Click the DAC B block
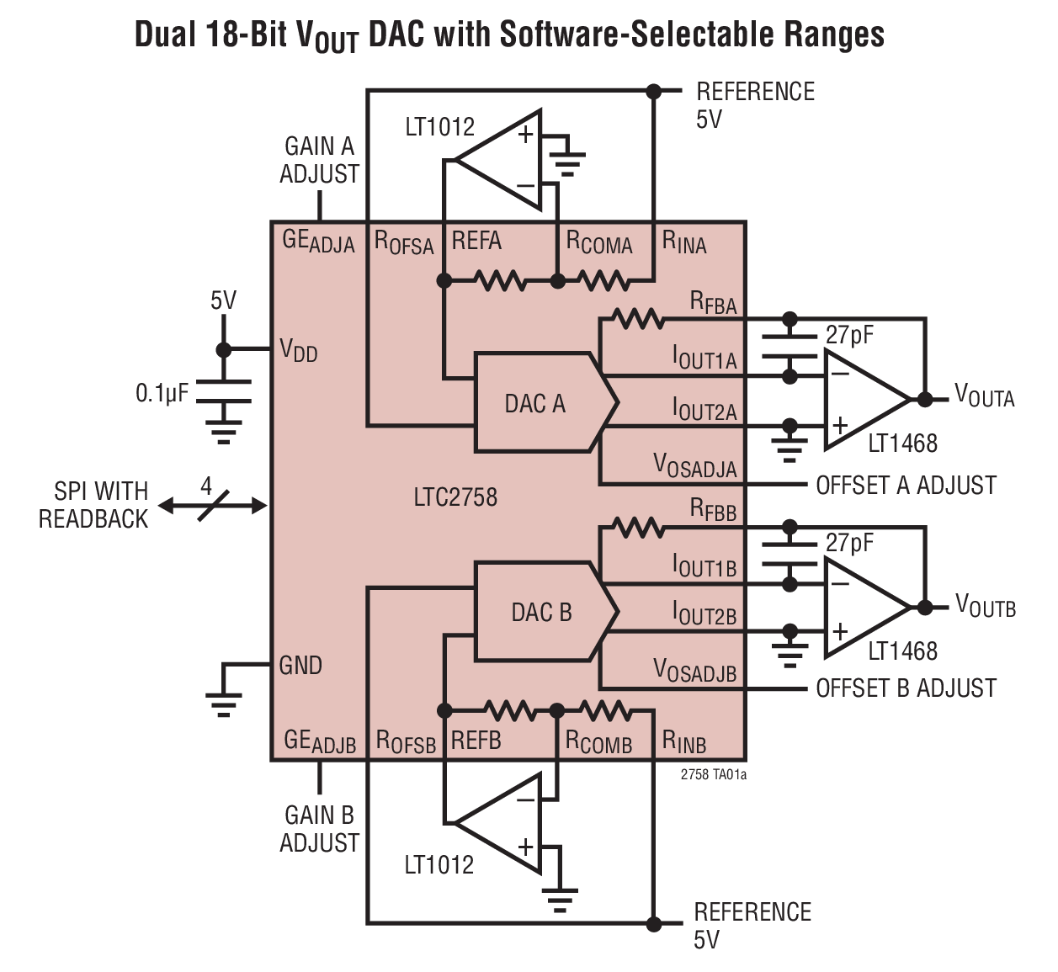tap(540, 612)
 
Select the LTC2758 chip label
tap(455, 497)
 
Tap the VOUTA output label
tap(984, 396)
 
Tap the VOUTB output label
tap(985, 606)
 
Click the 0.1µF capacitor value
tap(162, 393)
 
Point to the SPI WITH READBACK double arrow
tap(212, 506)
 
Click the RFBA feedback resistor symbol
tap(637, 320)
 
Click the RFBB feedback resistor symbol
tap(637, 528)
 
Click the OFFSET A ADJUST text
tap(906, 486)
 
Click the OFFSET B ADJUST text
tap(906, 688)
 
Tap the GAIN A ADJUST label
tap(319, 160)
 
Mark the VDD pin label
tap(298, 349)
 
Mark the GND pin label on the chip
tap(300, 666)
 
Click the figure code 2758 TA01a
tap(713, 774)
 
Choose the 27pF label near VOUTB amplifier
tap(849, 543)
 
